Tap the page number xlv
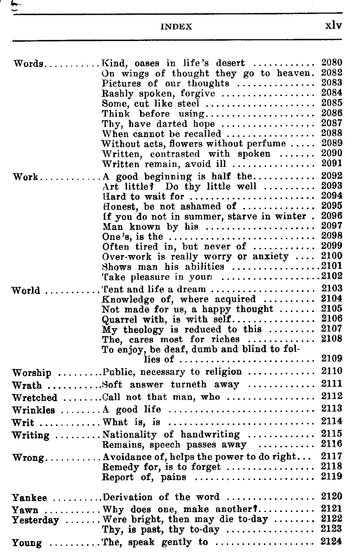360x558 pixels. [x=333, y=26]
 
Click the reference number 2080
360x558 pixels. [x=332, y=63]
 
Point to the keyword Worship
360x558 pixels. [x=32, y=373]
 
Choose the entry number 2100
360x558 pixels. [x=332, y=256]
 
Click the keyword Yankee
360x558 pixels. [x=30, y=498]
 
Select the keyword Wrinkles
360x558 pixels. [x=33, y=410]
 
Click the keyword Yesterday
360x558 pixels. [x=35, y=520]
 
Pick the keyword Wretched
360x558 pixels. [x=35, y=398]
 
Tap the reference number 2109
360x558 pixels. [x=332, y=359]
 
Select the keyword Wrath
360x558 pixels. [x=27, y=385]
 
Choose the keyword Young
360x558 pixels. [x=27, y=543]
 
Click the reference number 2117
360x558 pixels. [x=332, y=457]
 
